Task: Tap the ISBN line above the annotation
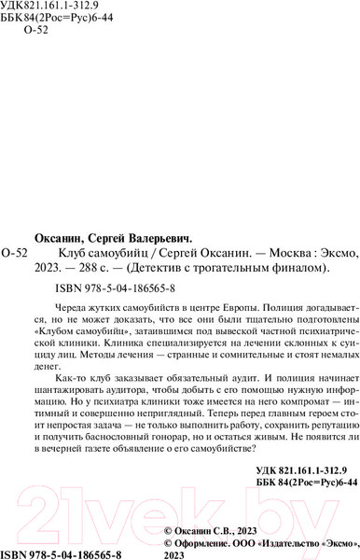tap(116, 287)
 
